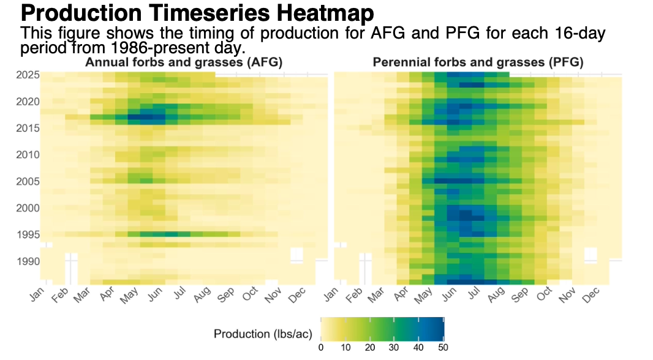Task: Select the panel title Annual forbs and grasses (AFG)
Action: tap(184, 62)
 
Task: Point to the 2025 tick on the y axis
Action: tap(28, 75)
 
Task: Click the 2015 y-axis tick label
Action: tap(28, 128)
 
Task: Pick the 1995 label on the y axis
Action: tap(28, 234)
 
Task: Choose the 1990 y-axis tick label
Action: tap(28, 261)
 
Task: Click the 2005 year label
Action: tap(28, 181)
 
